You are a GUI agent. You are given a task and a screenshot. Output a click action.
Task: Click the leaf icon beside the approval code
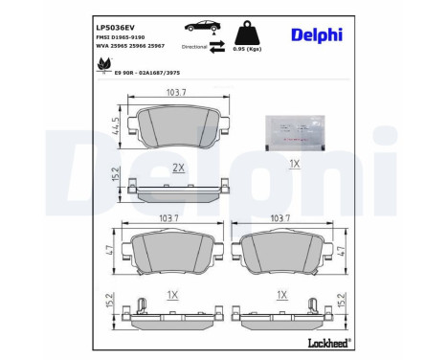pyautogui.click(x=101, y=63)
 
